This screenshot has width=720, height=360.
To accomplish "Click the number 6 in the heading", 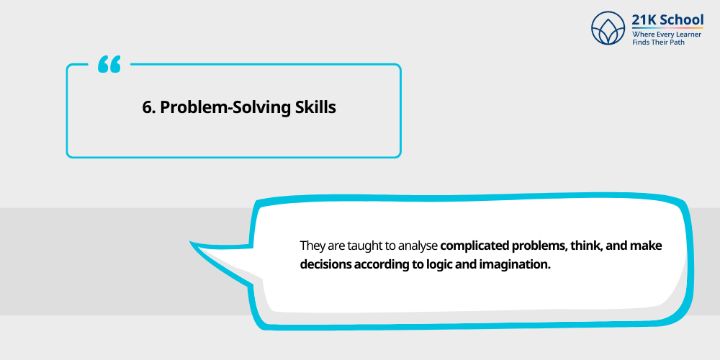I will pos(148,107).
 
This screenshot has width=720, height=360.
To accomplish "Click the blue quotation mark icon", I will pos(109,65).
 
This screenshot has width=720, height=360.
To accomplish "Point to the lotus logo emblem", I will pos(608,28).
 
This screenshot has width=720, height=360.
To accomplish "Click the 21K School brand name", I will pos(667,20).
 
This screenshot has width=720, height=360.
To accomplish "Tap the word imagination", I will pos(517,264).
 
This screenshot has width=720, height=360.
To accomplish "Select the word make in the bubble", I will pos(646,246).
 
